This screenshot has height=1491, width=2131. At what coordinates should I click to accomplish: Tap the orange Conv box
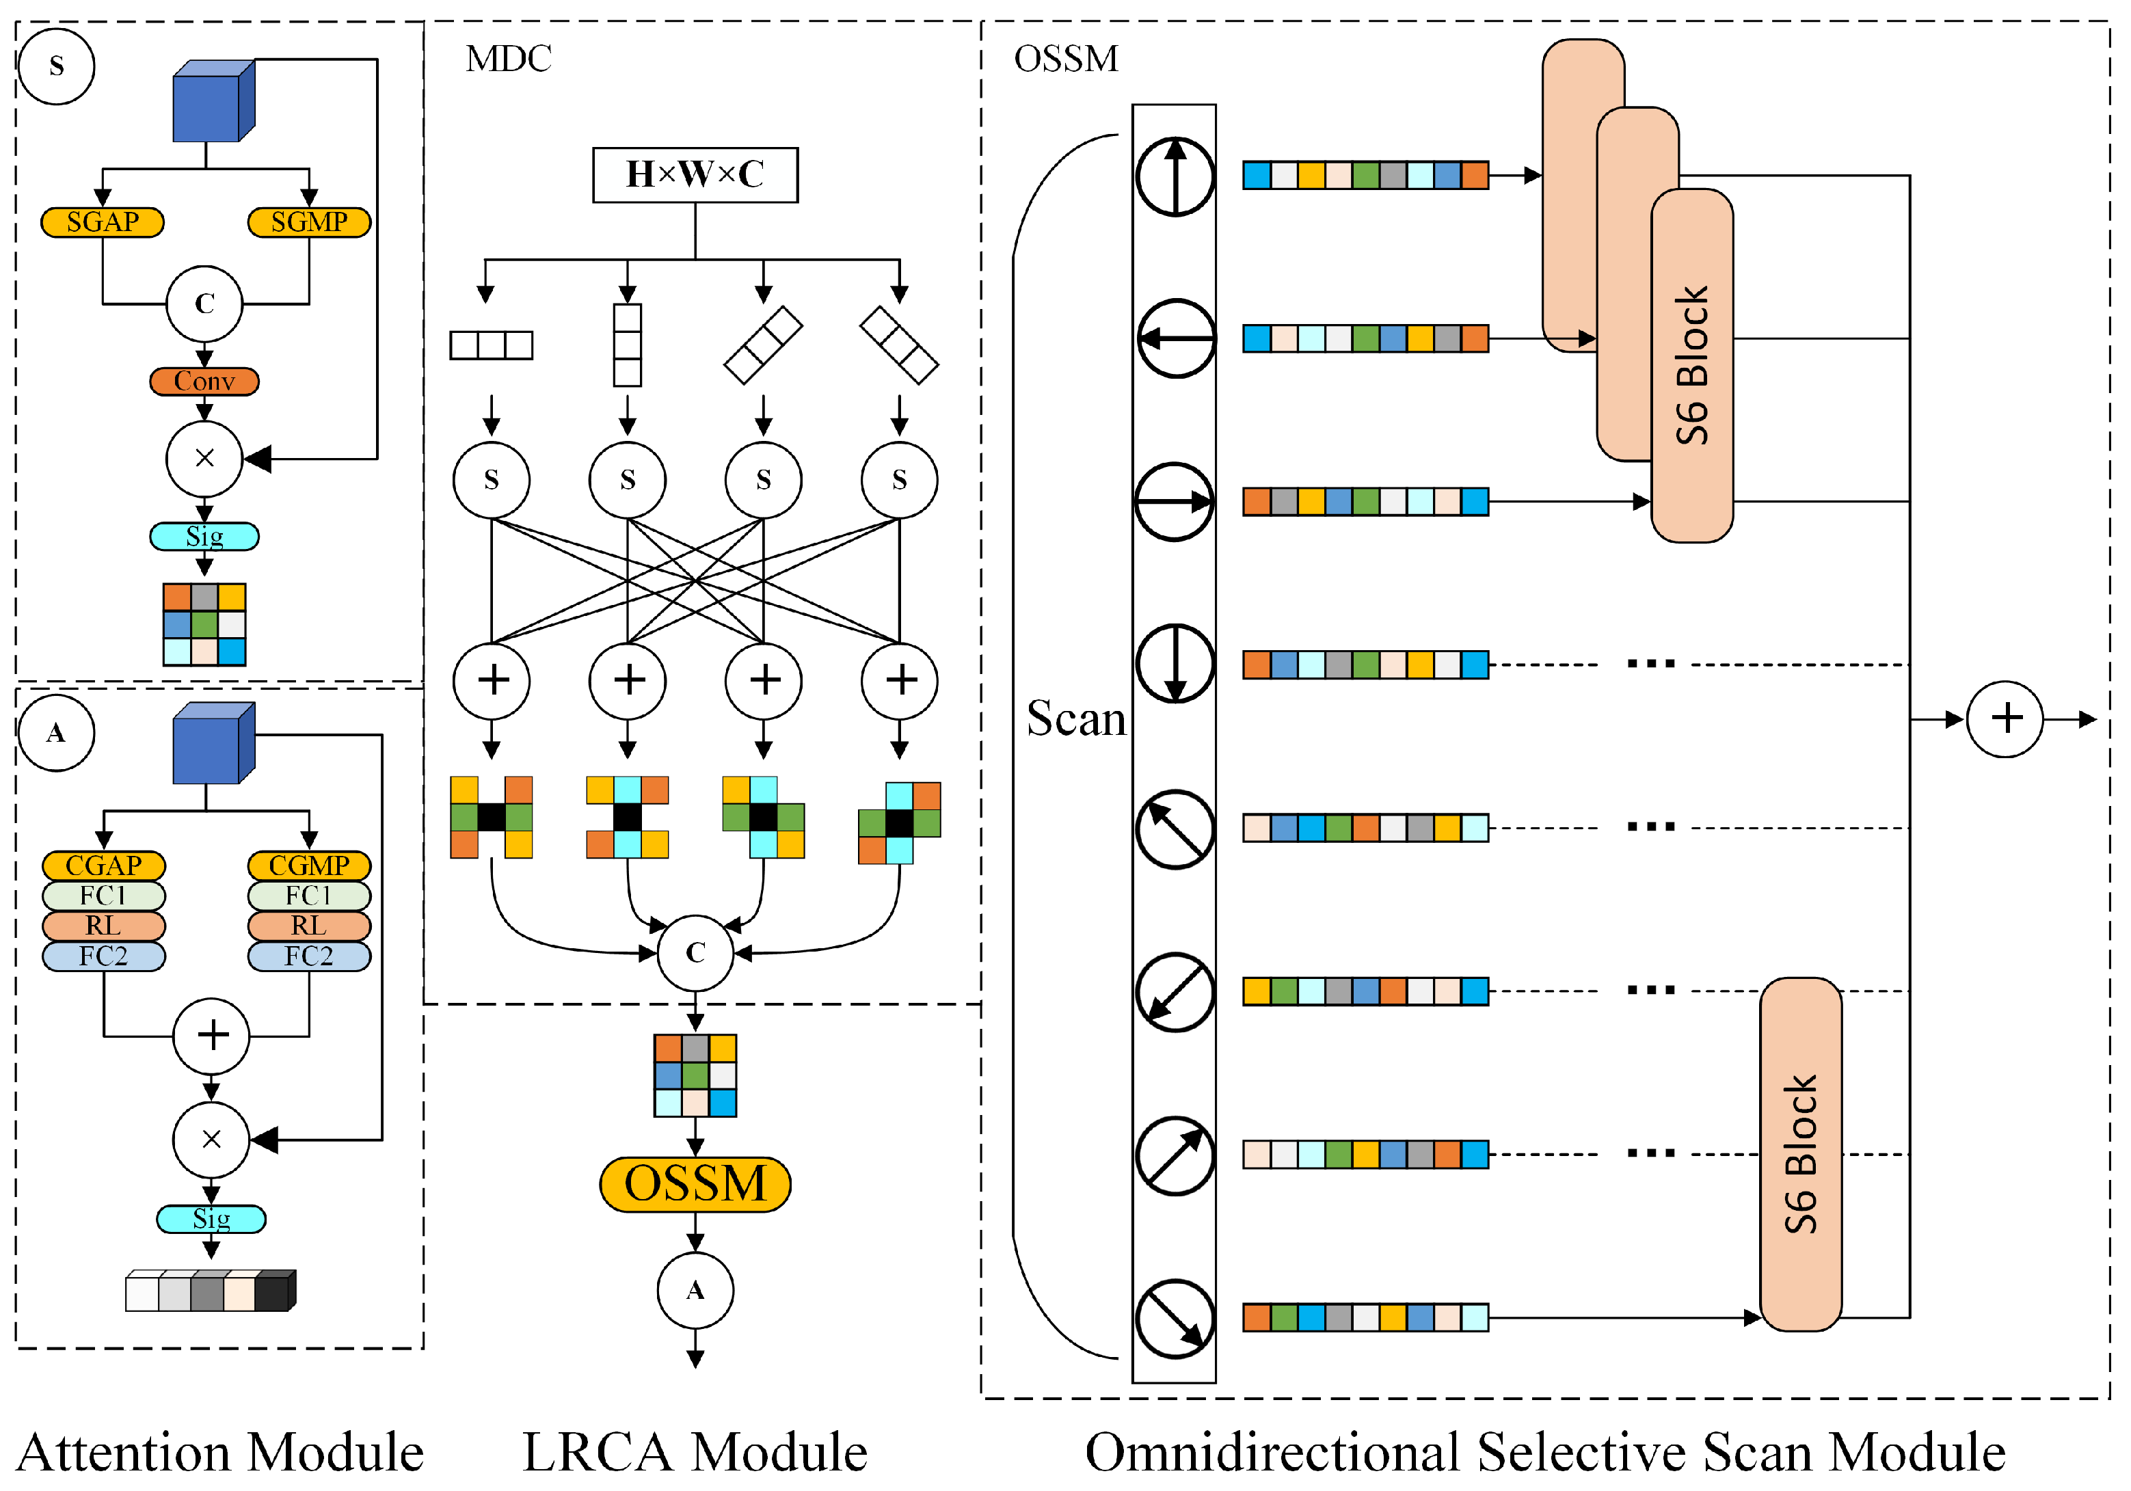(204, 381)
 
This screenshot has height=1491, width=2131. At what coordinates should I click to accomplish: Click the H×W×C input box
(695, 174)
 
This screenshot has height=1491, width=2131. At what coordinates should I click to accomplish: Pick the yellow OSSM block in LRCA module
(695, 1184)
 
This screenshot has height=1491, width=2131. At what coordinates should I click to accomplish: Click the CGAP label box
(103, 865)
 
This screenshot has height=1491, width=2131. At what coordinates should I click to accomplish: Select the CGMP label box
(309, 865)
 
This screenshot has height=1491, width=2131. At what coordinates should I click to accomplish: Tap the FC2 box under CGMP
(309, 956)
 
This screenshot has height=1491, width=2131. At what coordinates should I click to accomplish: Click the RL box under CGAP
(103, 926)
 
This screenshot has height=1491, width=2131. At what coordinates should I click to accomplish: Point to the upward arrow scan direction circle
(1175, 176)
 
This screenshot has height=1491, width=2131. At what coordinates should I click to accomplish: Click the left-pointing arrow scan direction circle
(1175, 338)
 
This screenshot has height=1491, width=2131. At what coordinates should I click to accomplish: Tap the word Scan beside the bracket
(1075, 719)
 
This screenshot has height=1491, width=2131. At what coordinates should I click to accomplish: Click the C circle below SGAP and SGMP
(204, 304)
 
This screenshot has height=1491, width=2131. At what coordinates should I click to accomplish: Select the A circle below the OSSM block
(695, 1289)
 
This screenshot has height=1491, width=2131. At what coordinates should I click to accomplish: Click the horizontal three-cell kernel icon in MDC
(491, 345)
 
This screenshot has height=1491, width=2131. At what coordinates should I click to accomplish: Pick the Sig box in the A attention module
(212, 1219)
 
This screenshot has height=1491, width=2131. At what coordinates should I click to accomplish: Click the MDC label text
(509, 59)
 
